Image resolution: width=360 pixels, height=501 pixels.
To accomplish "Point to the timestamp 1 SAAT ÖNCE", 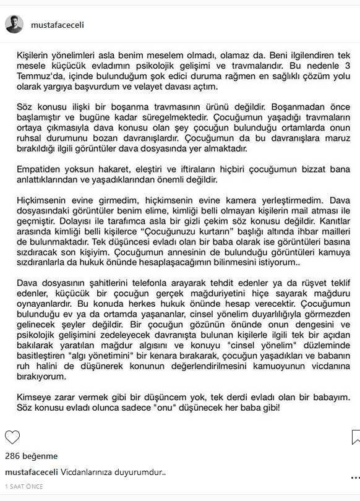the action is pos(24,486).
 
